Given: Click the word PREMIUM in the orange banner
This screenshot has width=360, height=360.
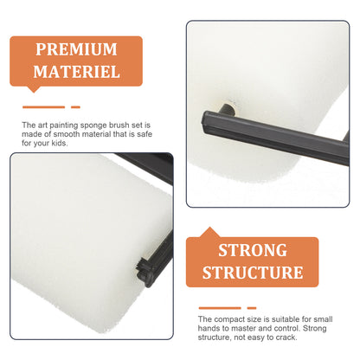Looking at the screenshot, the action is coord(76,49).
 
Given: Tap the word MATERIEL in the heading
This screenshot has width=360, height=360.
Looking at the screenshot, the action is coord(76,72).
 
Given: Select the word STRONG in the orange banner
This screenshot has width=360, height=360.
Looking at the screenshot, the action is coord(253,250).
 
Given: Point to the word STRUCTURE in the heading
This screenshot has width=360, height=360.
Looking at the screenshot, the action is coord(253,273).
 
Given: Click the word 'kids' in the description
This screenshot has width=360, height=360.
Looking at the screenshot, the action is coord(59,143).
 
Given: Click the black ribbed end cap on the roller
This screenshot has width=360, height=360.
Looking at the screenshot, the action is coord(145,272).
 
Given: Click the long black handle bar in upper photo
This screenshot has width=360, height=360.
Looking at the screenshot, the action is coord(275,138).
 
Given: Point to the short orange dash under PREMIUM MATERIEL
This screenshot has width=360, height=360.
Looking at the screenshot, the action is coord(75,107).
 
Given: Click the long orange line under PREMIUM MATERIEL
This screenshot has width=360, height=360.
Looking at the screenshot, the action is coord(43,107).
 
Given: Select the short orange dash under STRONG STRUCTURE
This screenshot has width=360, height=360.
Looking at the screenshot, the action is coord(252,308).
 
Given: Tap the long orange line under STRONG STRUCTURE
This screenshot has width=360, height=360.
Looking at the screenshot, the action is coord(220,308).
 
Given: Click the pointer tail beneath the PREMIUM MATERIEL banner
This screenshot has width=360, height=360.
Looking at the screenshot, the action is coord(34,89).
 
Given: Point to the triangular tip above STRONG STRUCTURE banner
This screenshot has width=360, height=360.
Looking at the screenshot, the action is coord(209,232).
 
